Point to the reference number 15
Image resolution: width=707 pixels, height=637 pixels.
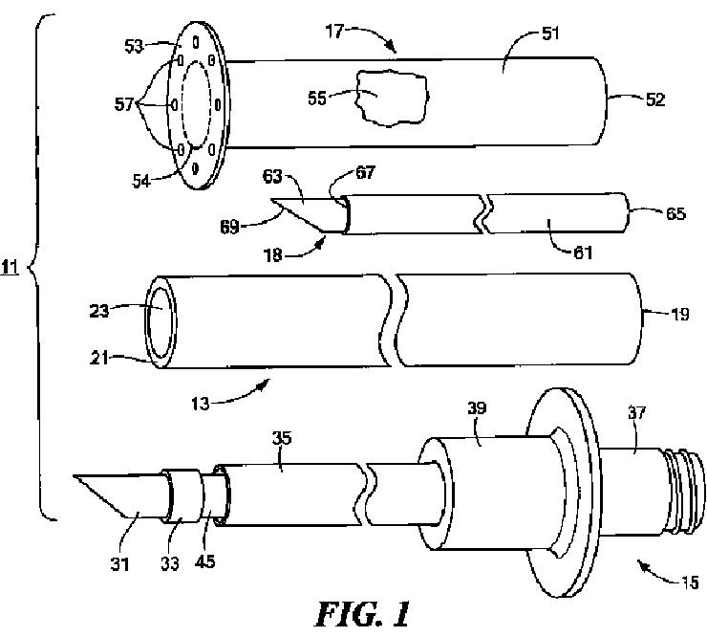coord(688,580)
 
